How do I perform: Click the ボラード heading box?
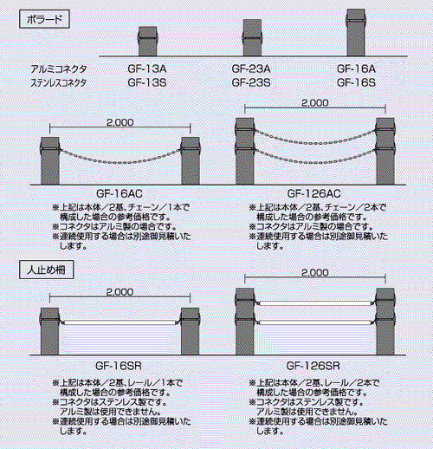[44, 19]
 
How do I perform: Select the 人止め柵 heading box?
[46, 270]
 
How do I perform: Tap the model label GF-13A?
[147, 68]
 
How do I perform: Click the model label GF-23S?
[251, 82]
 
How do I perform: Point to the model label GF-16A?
[356, 68]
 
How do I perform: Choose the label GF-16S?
[356, 82]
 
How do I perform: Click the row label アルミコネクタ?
[59, 69]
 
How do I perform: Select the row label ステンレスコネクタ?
[59, 83]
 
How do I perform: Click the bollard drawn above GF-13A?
[148, 42]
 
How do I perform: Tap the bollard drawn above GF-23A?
[252, 37]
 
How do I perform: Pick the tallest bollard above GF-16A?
[356, 32]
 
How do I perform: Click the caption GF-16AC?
[120, 193]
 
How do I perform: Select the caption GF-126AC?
[314, 193]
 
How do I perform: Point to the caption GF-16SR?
[119, 366]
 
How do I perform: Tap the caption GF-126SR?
[313, 366]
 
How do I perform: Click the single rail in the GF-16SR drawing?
[120, 322]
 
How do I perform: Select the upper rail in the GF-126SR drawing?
[315, 303]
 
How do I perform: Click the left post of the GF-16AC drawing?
[50, 160]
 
